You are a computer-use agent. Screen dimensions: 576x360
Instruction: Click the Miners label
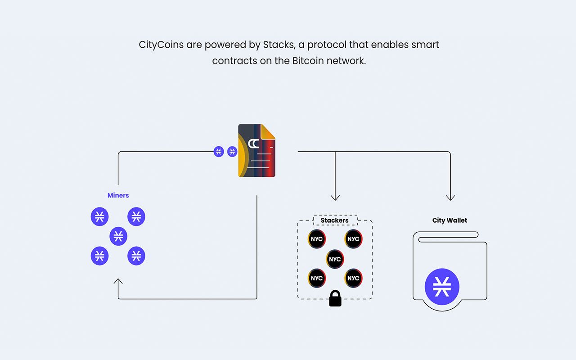click(x=118, y=195)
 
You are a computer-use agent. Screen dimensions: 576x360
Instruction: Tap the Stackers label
click(x=334, y=220)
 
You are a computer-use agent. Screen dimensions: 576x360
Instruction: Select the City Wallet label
click(x=450, y=220)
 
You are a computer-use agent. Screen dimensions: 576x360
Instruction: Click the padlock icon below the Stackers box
click(x=335, y=298)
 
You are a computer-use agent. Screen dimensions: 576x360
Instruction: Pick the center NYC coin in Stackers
click(x=335, y=259)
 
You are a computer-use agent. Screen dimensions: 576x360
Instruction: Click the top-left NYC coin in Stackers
click(x=316, y=239)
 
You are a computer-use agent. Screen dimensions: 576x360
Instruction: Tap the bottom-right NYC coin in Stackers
click(x=353, y=278)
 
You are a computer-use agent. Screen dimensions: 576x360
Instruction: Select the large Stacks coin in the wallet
click(x=442, y=287)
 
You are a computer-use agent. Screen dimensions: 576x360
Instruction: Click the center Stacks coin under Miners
click(x=118, y=236)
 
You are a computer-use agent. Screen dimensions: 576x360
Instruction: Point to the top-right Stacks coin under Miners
click(x=136, y=216)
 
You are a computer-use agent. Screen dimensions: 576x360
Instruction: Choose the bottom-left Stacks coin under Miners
click(x=99, y=256)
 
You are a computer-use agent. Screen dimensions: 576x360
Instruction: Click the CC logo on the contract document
click(x=253, y=144)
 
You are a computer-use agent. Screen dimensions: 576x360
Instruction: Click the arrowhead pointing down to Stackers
click(x=335, y=198)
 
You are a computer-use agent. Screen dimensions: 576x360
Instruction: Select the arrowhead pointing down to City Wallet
click(x=450, y=198)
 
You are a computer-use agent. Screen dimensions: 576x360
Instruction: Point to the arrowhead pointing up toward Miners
click(x=118, y=281)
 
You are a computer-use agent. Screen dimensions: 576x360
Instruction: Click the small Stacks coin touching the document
click(x=232, y=152)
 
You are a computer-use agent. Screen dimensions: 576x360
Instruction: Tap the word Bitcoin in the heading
click(x=308, y=61)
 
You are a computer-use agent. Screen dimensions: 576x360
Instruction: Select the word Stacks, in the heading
click(x=279, y=45)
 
